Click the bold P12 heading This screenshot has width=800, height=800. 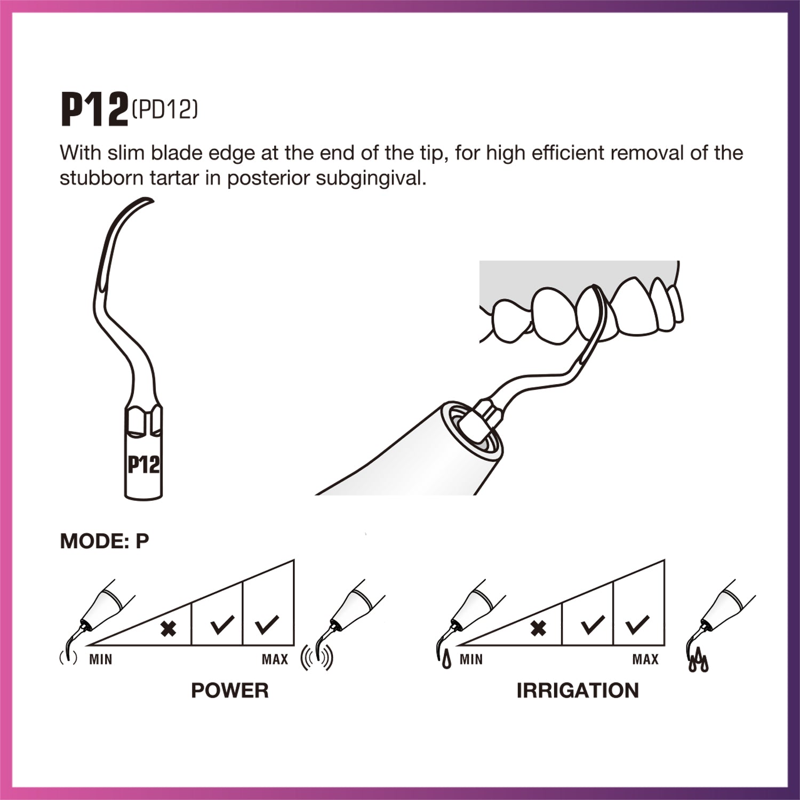[95, 109]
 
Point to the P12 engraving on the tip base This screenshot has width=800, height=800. [143, 465]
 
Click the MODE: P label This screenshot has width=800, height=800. [104, 541]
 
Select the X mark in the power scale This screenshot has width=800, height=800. [169, 629]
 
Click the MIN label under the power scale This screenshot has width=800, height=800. [101, 660]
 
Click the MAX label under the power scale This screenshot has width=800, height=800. [275, 660]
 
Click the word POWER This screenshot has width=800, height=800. [230, 691]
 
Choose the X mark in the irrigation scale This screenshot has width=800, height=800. [539, 629]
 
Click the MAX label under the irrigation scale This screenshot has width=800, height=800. [645, 660]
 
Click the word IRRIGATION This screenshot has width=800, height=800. [578, 691]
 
